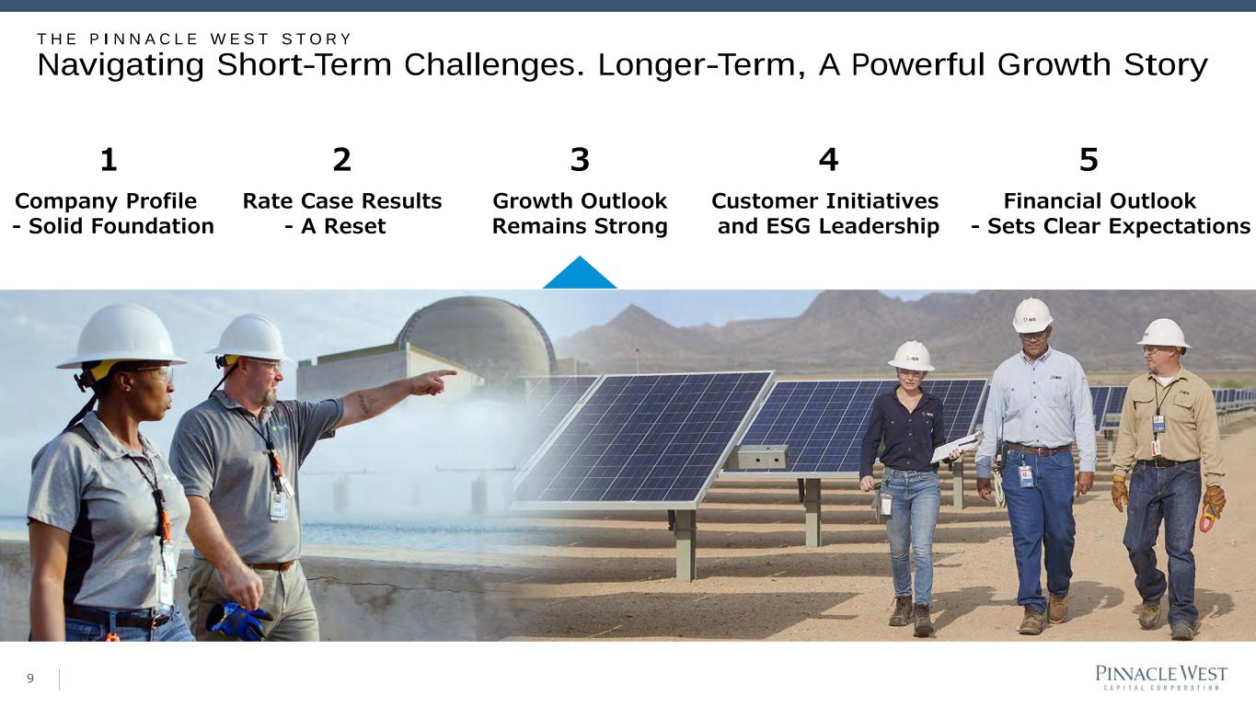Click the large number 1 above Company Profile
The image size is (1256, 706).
[109, 160]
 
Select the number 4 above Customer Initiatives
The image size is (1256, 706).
[828, 160]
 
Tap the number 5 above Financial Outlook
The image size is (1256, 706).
[1089, 160]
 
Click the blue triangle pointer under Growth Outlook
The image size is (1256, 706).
[580, 273]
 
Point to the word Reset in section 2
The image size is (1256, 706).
[354, 226]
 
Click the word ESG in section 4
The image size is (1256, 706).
[789, 226]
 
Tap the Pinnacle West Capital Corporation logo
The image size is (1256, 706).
[1161, 678]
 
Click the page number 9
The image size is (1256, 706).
[30, 678]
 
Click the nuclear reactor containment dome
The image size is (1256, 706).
[477, 331]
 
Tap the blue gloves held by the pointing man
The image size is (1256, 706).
[237, 621]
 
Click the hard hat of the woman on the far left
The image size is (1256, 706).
[122, 336]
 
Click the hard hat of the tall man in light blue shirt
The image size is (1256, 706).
[1032, 315]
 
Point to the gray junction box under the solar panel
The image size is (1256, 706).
[758, 457]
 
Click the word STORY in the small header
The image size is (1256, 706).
[317, 40]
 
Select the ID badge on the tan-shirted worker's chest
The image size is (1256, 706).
[1158, 423]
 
